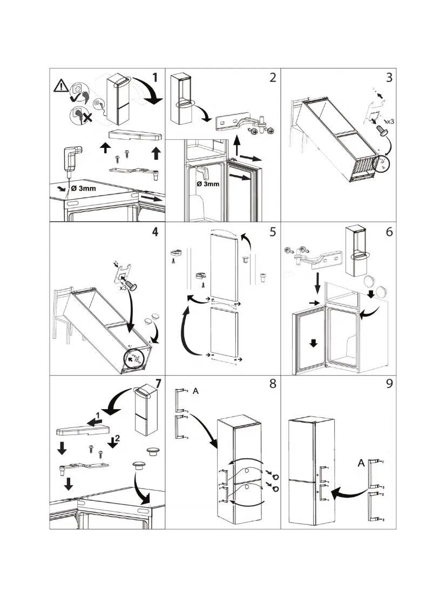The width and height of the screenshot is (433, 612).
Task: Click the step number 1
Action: coord(154,78)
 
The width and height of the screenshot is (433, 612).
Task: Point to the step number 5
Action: coord(273,233)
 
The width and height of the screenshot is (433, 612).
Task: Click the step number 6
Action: coord(388,233)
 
